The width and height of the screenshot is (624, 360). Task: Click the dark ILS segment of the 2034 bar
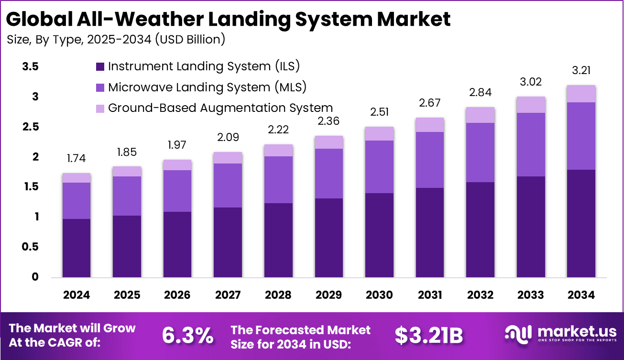pyautogui.click(x=581, y=223)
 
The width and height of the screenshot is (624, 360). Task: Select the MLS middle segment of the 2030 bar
pyautogui.click(x=379, y=167)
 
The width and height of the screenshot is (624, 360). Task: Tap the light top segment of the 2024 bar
pyautogui.click(x=77, y=178)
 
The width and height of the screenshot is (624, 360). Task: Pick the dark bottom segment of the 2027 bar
pyautogui.click(x=228, y=242)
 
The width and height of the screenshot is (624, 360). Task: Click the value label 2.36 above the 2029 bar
pyautogui.click(x=328, y=120)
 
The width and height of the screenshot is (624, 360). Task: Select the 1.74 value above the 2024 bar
pyautogui.click(x=77, y=158)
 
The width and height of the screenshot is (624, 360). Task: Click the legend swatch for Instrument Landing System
pyautogui.click(x=100, y=66)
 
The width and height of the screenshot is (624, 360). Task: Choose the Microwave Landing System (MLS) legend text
pyautogui.click(x=207, y=87)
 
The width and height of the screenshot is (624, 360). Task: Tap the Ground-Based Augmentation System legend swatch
pyautogui.click(x=100, y=109)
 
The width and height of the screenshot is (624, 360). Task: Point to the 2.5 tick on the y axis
pyautogui.click(x=30, y=127)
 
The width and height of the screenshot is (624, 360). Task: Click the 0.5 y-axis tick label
pyautogui.click(x=30, y=247)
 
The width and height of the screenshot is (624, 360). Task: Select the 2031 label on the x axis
pyautogui.click(x=429, y=295)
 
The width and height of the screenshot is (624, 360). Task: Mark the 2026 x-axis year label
pyautogui.click(x=177, y=295)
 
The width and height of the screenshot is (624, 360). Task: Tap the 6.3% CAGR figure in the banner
pyautogui.click(x=187, y=336)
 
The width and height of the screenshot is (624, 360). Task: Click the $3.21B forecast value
pyautogui.click(x=429, y=336)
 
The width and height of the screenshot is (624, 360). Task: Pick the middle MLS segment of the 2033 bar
pyautogui.click(x=530, y=145)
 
